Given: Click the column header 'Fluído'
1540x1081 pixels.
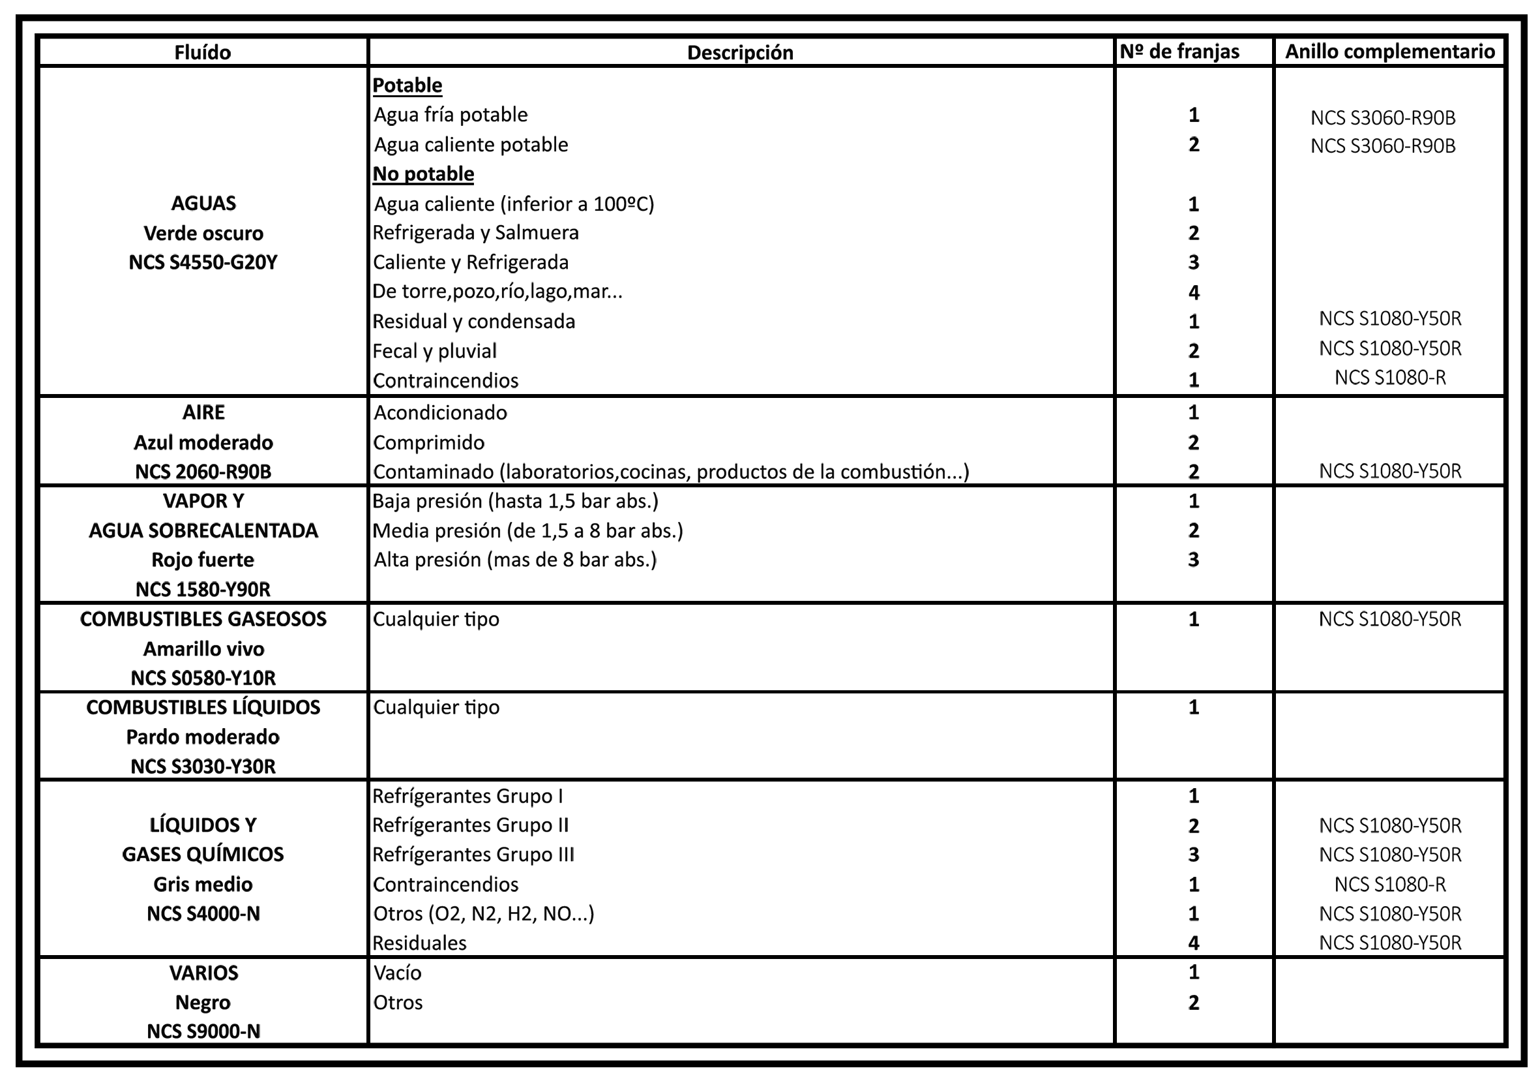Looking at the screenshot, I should (203, 52).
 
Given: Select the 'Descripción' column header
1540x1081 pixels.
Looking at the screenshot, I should (740, 52).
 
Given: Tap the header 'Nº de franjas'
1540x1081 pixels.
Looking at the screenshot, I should (1179, 52).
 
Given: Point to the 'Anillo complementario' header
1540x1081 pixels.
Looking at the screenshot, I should (1390, 52).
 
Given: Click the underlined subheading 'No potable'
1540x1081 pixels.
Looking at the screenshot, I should (423, 174).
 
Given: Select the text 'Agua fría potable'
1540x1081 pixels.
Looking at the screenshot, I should (451, 115).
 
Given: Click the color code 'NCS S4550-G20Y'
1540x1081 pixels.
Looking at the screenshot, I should (203, 262).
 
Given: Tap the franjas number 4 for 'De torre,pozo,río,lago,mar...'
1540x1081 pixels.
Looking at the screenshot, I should (1193, 292).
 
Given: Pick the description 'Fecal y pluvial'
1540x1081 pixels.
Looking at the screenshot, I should (435, 351).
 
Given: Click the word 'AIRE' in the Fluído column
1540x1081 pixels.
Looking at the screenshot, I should (203, 412).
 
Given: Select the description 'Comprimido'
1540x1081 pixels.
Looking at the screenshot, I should (428, 442).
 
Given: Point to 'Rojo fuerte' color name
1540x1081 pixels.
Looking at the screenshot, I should (203, 560).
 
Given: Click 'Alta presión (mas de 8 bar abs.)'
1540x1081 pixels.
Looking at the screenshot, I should (515, 560).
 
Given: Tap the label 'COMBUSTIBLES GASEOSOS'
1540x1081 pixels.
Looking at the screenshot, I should (203, 618).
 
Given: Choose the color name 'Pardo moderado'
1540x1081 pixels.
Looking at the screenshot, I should (203, 737).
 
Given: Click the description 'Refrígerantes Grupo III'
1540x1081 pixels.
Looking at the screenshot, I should (473, 854).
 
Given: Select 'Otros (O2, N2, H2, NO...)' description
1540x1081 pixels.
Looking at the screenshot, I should (484, 913).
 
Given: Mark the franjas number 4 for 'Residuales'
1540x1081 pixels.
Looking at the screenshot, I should (1193, 943).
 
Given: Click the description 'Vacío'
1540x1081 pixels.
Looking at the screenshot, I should (398, 972).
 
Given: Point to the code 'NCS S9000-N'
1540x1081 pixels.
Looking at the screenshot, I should (203, 1031).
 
